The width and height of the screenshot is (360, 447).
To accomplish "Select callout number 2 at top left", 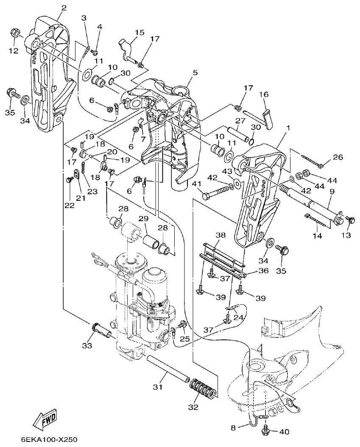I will click(64, 8).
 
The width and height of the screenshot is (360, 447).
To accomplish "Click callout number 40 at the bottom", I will click(284, 432).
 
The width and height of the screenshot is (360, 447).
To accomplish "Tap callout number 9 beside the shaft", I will click(332, 191).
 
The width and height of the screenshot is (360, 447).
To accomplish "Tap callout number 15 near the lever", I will click(140, 32).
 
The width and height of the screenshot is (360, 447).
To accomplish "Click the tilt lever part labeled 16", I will click(267, 117).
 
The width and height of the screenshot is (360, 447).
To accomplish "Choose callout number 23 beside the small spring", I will click(92, 191).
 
